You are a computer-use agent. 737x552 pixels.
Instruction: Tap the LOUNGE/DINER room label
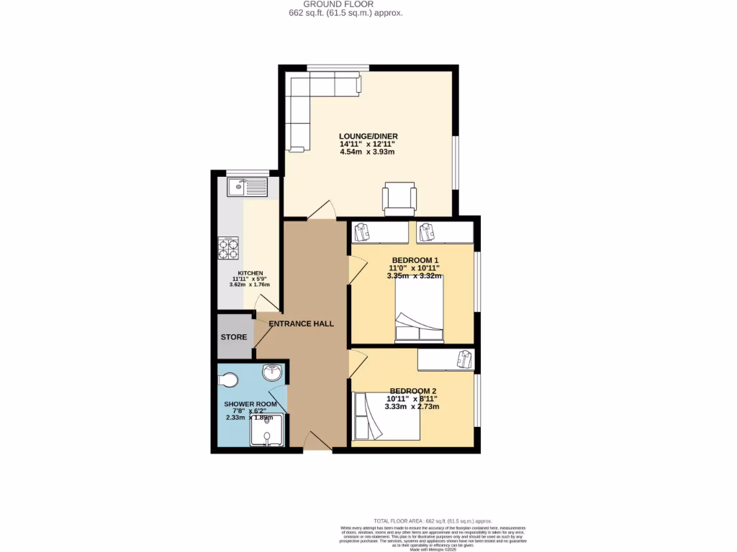point(368,136)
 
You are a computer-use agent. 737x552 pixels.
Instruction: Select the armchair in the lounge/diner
point(400,198)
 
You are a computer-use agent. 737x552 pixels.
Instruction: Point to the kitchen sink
point(247,188)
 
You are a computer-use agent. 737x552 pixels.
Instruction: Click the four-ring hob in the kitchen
point(229,248)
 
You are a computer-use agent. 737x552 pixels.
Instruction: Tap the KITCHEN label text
point(250,273)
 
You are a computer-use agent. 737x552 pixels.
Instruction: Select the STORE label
point(234,337)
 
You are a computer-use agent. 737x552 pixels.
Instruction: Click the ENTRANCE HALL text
point(301,324)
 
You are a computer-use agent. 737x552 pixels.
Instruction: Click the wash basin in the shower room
point(272,373)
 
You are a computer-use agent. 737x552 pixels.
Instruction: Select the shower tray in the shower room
point(266,433)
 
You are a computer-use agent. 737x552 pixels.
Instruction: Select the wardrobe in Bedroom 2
point(446,359)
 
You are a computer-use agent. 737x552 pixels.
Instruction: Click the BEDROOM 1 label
point(415,260)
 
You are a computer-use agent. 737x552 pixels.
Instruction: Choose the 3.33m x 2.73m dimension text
point(413,407)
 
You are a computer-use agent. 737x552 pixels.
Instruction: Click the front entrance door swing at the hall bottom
point(317,441)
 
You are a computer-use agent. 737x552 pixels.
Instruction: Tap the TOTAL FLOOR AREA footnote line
point(433,520)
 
